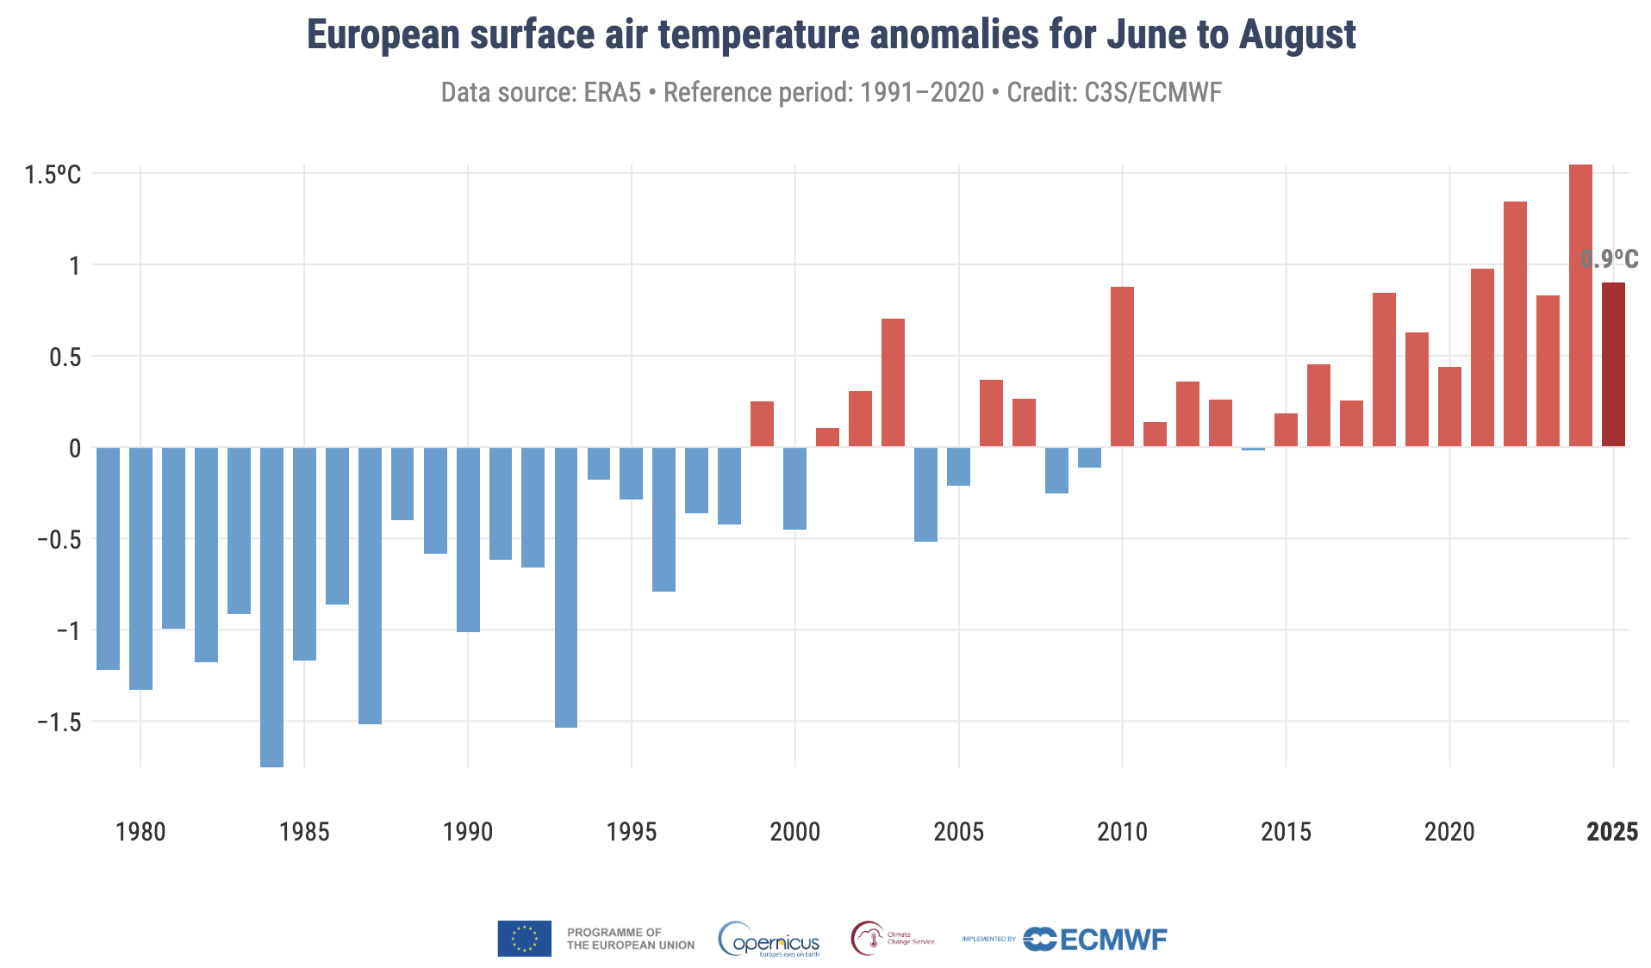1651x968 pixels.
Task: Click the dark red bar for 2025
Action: point(1613,364)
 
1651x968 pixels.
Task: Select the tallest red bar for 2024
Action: point(1580,306)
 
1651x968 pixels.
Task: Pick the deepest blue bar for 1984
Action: point(271,606)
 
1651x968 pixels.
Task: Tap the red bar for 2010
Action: point(1122,367)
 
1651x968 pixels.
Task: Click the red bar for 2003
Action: point(893,382)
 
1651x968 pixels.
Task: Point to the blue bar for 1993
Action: point(566,587)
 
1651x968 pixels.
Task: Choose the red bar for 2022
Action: point(1515,324)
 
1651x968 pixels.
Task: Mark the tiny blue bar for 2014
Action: point(1253,449)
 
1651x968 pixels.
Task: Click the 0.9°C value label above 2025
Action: point(1610,259)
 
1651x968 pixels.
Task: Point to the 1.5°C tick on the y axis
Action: point(53,175)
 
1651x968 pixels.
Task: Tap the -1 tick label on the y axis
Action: point(68,630)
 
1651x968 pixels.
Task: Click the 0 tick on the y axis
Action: point(75,448)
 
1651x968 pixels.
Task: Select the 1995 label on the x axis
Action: point(631,832)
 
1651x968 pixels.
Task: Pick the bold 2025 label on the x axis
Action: point(1612,832)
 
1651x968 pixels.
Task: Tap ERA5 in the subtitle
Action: point(612,92)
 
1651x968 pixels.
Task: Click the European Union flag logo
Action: point(524,939)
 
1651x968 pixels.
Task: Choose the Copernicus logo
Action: point(769,940)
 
